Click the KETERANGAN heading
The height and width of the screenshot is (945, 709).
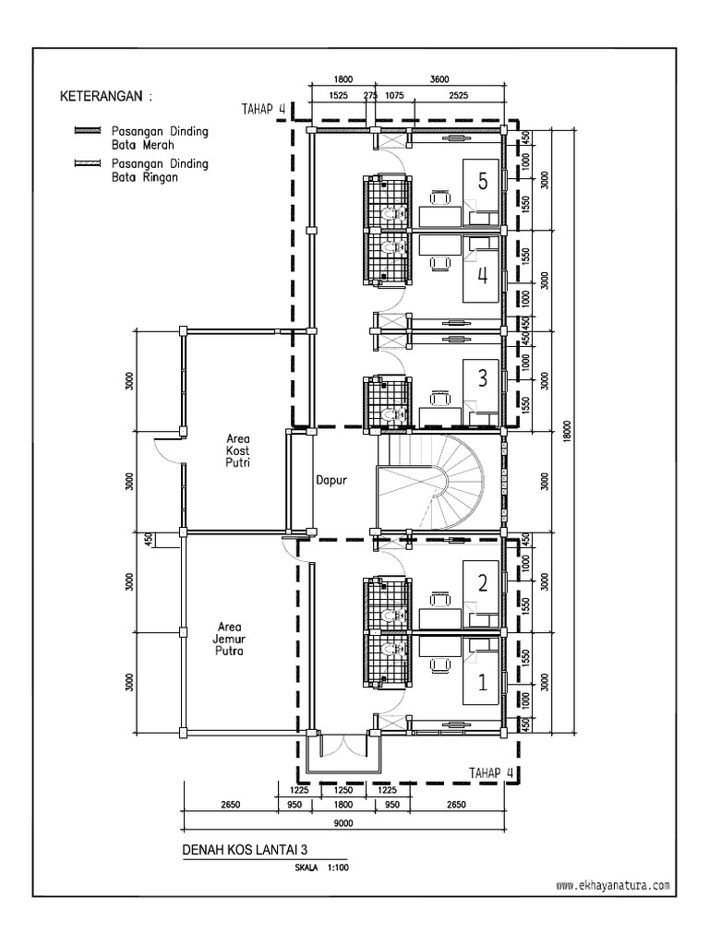(105, 96)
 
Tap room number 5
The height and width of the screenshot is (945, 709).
(482, 182)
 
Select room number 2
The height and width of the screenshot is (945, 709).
(482, 582)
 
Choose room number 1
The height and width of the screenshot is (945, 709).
(482, 684)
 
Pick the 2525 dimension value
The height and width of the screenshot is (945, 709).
(458, 94)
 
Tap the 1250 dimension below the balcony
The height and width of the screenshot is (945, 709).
(343, 790)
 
